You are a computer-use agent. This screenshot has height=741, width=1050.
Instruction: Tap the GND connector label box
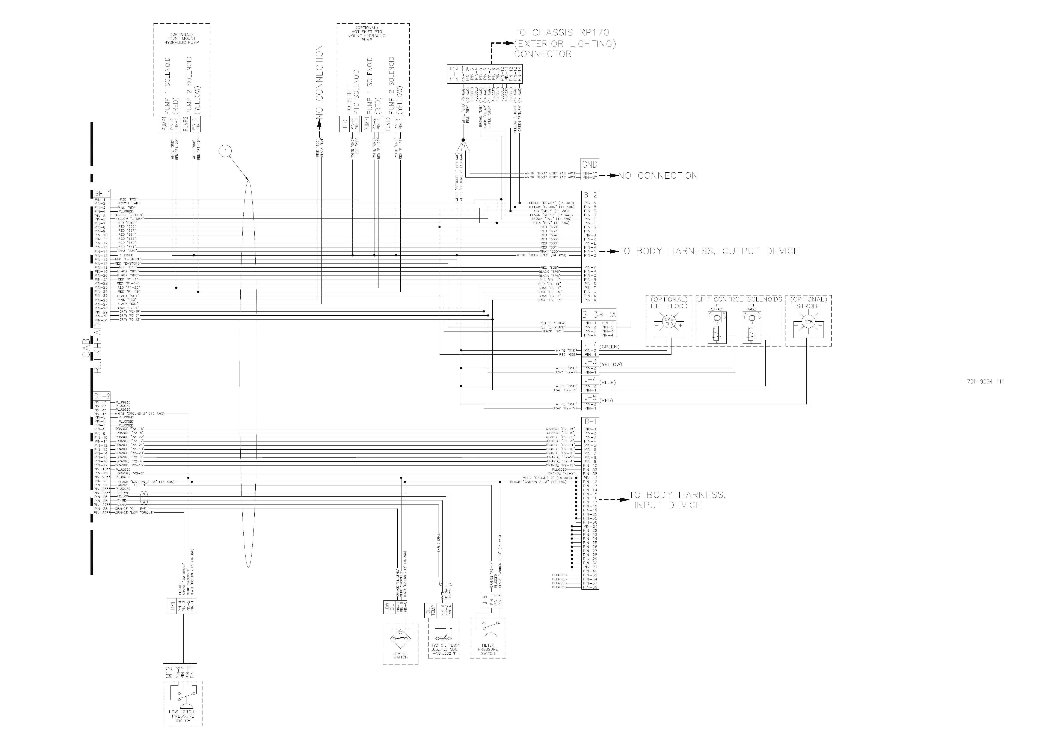(590, 165)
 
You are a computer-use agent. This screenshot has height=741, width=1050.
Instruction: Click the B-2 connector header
(590, 196)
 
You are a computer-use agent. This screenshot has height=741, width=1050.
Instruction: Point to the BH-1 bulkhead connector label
(101, 194)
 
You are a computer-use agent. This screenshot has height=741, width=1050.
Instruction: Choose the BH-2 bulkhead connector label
(101, 396)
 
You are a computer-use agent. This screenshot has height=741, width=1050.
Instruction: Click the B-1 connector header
(590, 421)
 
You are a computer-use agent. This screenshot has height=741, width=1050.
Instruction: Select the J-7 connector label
(590, 344)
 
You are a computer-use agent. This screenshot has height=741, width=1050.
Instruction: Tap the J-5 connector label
(590, 398)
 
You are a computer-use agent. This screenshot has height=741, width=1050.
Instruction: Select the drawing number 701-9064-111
(985, 382)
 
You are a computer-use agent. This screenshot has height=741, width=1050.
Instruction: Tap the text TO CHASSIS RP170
(562, 32)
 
